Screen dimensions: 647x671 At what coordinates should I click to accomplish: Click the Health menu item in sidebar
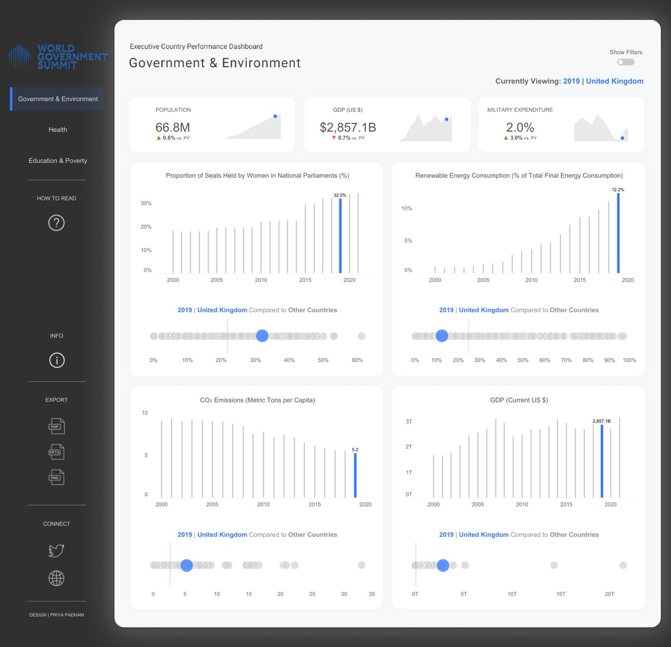tap(58, 130)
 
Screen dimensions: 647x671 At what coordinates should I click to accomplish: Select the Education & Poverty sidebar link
tap(58, 161)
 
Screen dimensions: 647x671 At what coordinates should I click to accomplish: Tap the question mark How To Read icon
tap(56, 223)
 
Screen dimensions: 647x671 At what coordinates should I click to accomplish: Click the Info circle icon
tap(56, 360)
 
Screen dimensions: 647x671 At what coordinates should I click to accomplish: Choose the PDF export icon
tap(56, 426)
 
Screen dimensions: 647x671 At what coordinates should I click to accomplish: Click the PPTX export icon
tap(56, 452)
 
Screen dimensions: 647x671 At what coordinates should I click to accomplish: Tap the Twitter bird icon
tap(56, 551)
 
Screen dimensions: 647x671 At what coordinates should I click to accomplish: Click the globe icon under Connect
tap(56, 578)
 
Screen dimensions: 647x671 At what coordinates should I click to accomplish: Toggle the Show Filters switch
tap(626, 62)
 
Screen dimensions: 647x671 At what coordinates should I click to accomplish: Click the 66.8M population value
tap(172, 128)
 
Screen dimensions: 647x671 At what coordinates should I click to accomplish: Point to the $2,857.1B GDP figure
tap(348, 128)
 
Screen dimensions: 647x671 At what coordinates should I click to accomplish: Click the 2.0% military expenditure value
tap(520, 128)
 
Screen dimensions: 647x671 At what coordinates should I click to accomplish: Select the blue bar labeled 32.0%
tap(340, 235)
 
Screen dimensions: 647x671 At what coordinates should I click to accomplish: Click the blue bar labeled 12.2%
tap(618, 233)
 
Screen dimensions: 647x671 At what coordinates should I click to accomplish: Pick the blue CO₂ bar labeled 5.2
tap(355, 475)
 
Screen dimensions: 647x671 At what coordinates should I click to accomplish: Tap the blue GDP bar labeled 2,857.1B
tap(602, 461)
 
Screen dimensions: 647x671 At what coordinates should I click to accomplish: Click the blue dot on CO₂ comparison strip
tap(187, 565)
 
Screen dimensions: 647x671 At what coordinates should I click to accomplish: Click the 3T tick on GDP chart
tap(409, 421)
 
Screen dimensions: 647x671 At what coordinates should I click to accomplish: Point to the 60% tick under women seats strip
tap(357, 360)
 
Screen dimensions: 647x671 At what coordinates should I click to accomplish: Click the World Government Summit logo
tap(58, 57)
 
